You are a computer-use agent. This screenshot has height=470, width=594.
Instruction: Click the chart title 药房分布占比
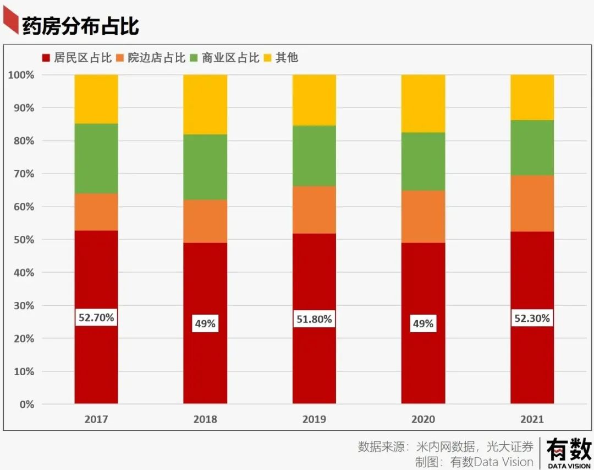click(80, 26)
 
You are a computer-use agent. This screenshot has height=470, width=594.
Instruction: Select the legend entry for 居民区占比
click(76, 58)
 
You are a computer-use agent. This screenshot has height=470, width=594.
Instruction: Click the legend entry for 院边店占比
click(151, 58)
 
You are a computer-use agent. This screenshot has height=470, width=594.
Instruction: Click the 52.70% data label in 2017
click(96, 318)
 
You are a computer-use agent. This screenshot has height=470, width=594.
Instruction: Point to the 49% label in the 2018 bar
click(205, 324)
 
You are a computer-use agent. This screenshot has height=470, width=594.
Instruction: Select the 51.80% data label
click(314, 319)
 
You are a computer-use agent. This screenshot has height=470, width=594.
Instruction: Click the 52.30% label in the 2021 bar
click(532, 318)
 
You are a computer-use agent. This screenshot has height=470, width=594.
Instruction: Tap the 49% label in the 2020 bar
click(423, 324)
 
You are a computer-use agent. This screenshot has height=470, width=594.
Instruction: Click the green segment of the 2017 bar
click(96, 158)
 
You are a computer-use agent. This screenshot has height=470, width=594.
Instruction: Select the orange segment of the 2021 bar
click(532, 203)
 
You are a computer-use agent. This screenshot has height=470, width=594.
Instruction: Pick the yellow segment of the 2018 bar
click(205, 104)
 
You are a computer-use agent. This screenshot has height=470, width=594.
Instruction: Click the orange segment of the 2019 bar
click(314, 210)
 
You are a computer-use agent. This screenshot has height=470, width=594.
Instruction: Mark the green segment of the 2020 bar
click(423, 161)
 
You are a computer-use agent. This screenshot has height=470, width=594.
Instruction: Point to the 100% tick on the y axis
click(21, 75)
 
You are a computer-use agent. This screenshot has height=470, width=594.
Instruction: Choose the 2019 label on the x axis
click(314, 419)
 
